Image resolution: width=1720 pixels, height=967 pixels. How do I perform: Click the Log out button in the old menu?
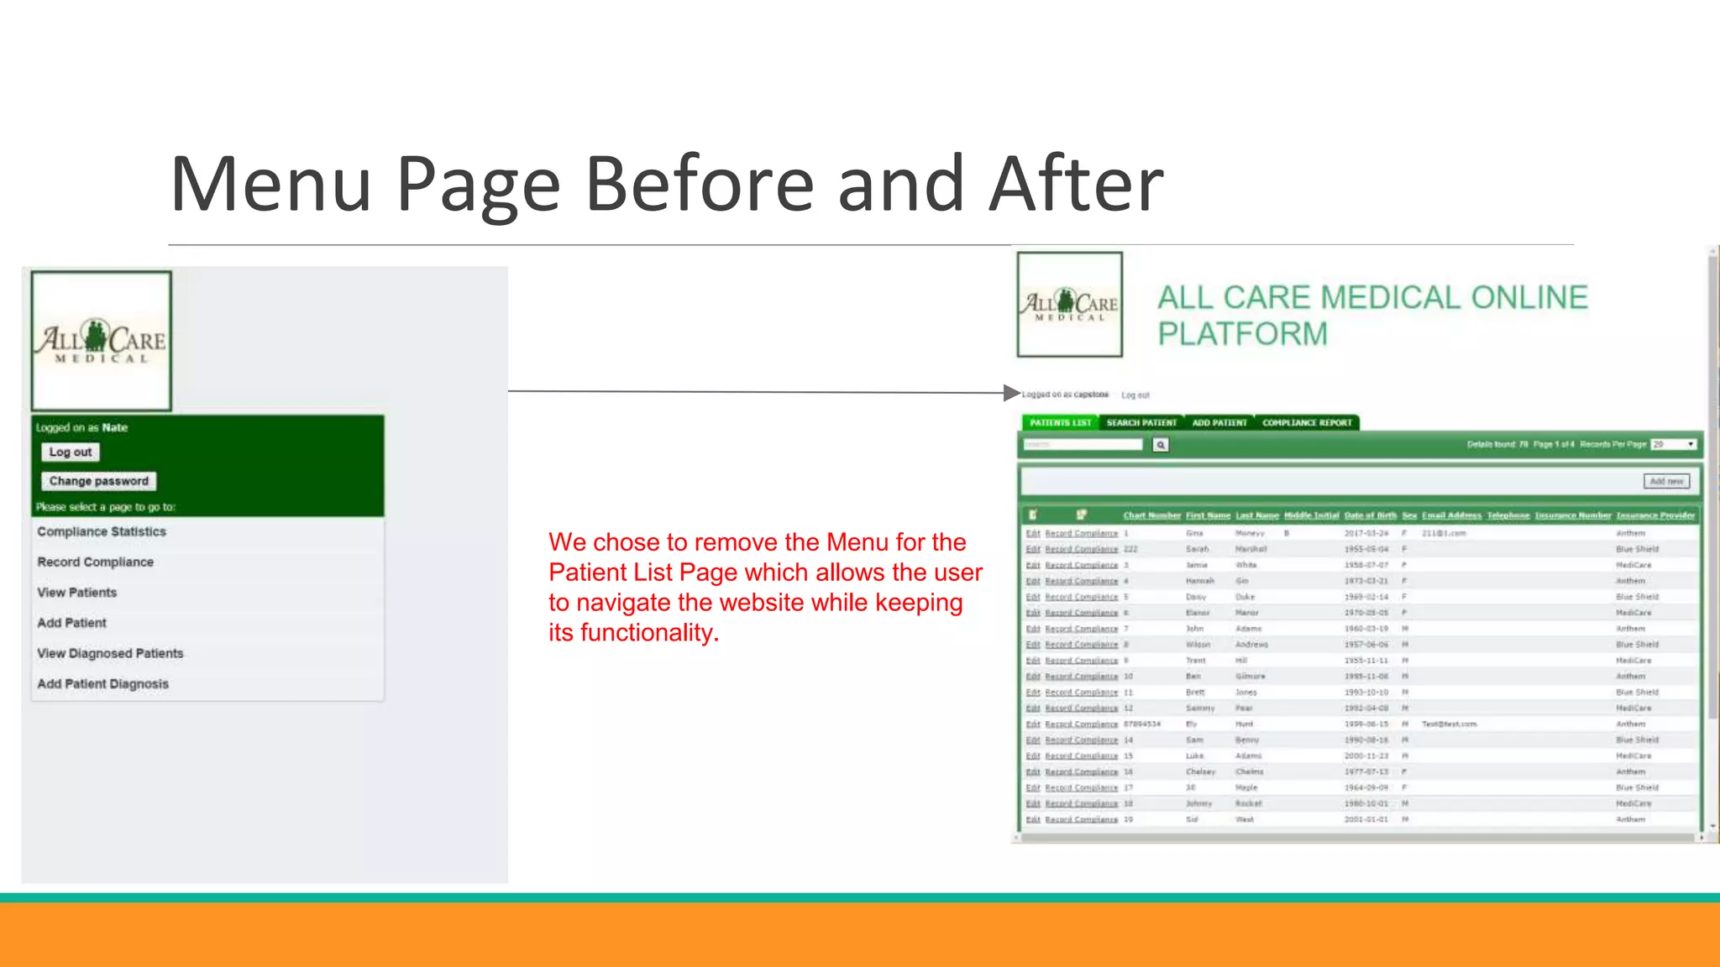coord(71,452)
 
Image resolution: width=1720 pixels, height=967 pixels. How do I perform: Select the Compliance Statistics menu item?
coord(102,532)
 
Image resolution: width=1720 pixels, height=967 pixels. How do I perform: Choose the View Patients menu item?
coord(77,593)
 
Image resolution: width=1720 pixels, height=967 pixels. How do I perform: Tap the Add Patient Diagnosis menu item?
coord(102,684)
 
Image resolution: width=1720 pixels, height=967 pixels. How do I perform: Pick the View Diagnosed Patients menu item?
coord(110,653)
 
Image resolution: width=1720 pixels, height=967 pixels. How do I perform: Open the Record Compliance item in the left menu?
coord(96,562)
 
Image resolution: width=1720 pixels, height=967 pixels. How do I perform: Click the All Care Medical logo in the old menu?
coord(102,341)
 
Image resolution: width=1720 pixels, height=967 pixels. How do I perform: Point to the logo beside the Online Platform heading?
coord(1070,305)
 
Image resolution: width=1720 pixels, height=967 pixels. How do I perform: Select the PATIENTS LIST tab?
coord(1060,423)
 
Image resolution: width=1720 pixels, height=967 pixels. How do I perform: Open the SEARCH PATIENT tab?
coord(1141,423)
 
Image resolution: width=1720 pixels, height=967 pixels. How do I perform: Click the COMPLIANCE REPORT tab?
coord(1307,423)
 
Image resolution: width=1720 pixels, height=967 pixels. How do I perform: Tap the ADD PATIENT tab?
coord(1219,423)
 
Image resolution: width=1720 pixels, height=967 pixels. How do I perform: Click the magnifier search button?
coord(1161,445)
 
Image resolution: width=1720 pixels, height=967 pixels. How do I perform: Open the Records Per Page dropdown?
coord(1674,445)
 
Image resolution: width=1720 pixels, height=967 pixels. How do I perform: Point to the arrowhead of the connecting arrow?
coord(1012,393)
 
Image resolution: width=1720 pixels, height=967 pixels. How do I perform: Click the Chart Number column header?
coord(1151,515)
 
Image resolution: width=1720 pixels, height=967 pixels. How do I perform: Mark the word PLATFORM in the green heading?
coord(1242,334)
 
